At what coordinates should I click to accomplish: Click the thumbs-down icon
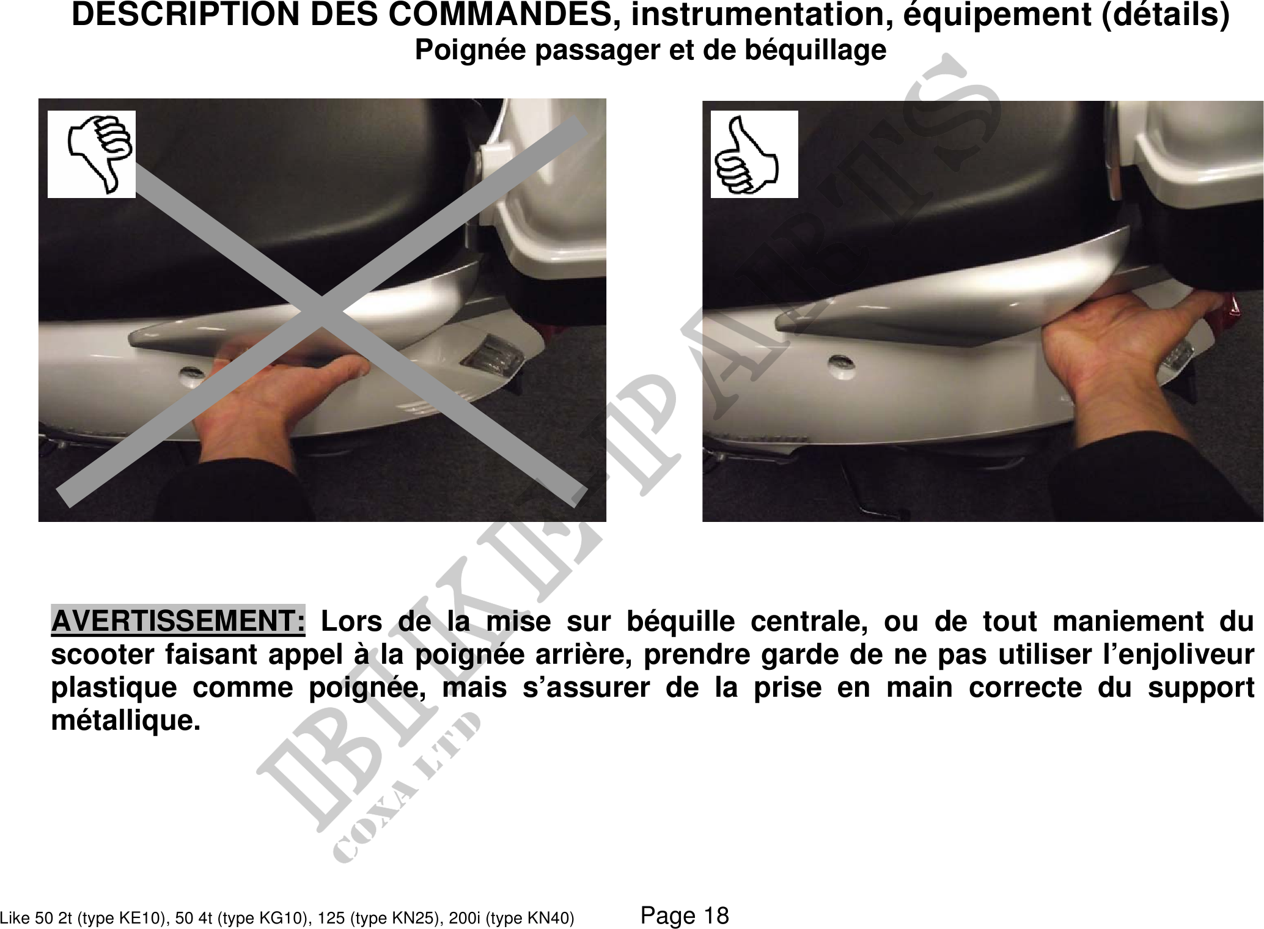point(92,154)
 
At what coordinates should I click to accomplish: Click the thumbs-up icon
point(754,154)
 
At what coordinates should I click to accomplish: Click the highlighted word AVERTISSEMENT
point(178,621)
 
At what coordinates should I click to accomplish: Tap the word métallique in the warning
point(125,721)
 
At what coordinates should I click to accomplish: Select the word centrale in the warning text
point(809,622)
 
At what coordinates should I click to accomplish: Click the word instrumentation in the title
point(759,15)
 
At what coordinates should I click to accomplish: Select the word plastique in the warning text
point(114,688)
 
